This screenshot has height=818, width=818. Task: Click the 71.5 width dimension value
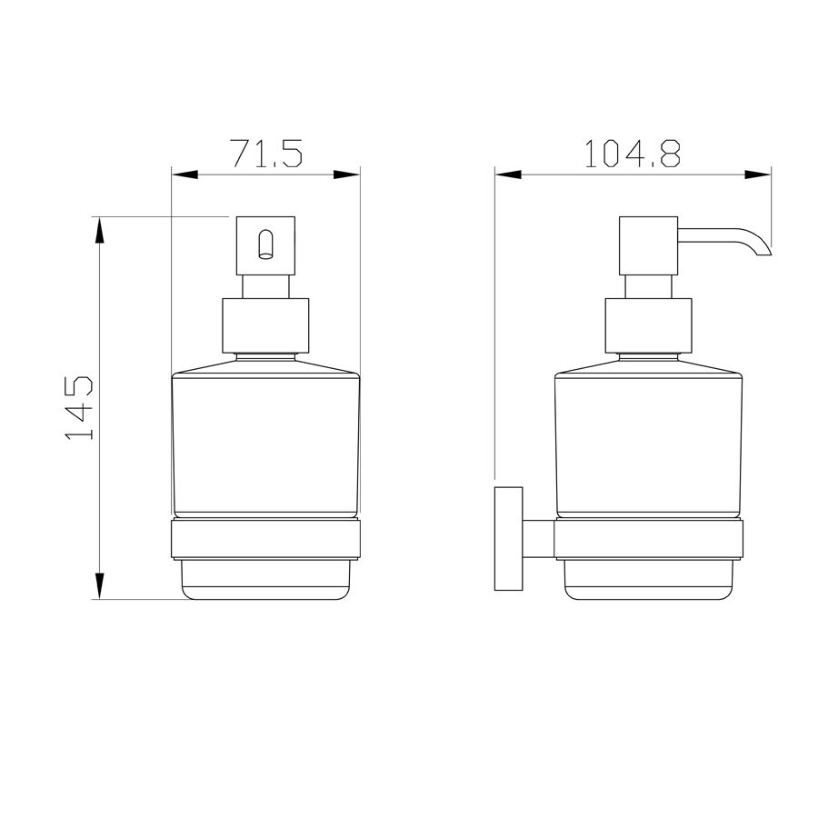[266, 153]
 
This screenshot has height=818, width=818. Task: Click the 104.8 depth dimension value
[633, 154]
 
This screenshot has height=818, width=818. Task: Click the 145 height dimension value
[80, 407]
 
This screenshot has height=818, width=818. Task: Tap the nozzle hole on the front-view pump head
[266, 244]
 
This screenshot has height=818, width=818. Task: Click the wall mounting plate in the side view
[509, 538]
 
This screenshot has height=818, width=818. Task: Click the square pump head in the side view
[648, 245]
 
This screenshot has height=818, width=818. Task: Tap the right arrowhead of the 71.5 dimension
[347, 175]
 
